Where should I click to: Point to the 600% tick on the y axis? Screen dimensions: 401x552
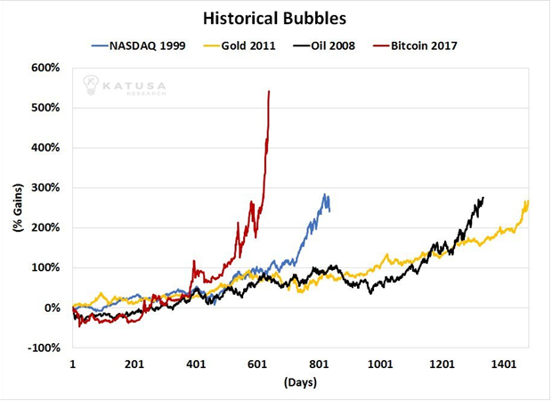46,68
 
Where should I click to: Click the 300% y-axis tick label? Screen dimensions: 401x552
46,188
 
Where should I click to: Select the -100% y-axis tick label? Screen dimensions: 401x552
44,348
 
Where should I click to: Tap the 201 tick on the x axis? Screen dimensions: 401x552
134,364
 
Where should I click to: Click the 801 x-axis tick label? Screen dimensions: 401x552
320,364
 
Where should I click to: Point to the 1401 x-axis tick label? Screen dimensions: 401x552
504,364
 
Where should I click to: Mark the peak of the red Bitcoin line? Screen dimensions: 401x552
269,91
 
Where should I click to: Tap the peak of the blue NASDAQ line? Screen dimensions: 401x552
326,195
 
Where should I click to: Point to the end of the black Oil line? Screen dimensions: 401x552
483,198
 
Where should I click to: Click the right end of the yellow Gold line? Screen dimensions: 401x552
528,200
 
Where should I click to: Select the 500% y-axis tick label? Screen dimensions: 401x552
46,108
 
